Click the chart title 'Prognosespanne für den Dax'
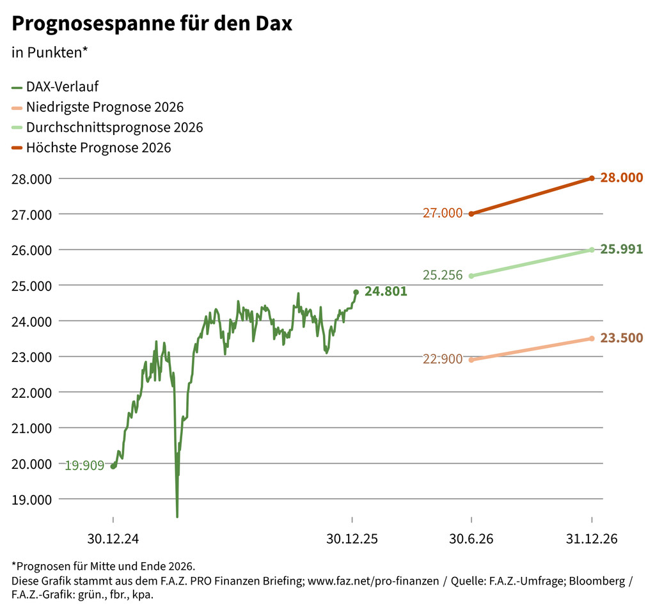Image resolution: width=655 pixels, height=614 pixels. pos(152,24)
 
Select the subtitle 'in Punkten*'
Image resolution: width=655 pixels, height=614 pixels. pos(49,52)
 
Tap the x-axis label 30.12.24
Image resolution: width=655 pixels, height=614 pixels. pos(113,539)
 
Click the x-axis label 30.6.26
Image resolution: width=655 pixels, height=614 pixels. pos(471,539)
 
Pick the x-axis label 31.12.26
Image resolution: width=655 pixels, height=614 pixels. pos(592,539)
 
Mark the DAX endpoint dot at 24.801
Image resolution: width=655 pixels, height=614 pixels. pos(356,292)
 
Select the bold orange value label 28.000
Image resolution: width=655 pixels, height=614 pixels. pos(622,178)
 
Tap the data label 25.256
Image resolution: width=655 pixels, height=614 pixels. pos(443,276)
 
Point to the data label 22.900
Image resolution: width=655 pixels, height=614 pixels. pos(443,359)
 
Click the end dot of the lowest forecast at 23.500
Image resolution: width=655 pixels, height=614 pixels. pos(592,338)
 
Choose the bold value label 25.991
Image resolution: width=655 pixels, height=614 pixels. pos(622,249)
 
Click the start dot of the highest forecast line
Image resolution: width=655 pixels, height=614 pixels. pos(471,214)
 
